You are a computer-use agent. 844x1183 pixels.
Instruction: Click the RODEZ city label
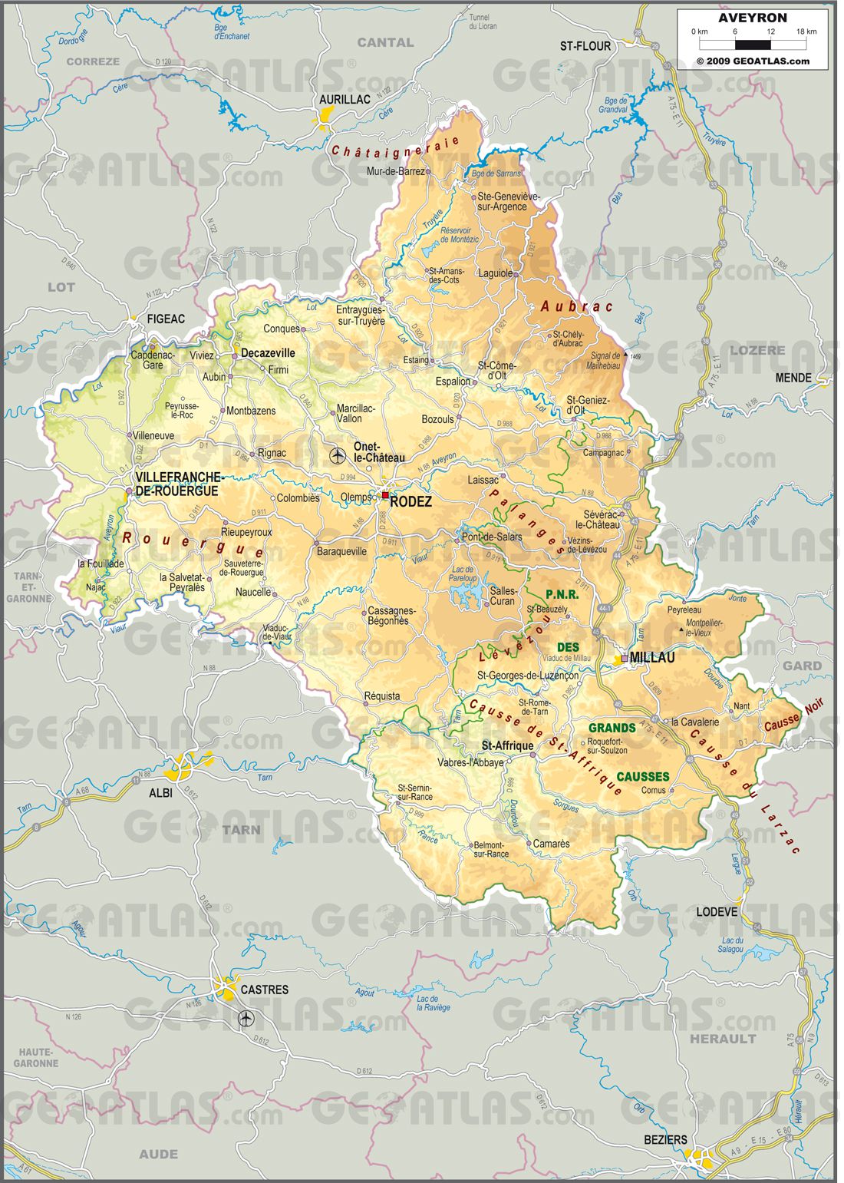pyautogui.click(x=411, y=502)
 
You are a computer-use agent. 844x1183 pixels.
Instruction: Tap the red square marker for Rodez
pyautogui.click(x=385, y=495)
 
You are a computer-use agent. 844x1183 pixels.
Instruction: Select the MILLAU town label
pyautogui.click(x=652, y=657)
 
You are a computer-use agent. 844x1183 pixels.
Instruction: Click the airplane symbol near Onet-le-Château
pyautogui.click(x=337, y=456)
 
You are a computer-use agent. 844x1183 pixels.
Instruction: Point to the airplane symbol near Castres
pyautogui.click(x=246, y=1018)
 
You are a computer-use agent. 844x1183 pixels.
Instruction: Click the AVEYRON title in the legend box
pyautogui.click(x=752, y=18)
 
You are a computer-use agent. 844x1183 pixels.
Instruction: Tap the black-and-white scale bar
pyautogui.click(x=753, y=45)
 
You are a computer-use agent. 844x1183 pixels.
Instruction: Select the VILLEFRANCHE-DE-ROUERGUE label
pyautogui.click(x=177, y=484)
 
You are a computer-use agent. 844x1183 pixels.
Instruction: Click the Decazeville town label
pyautogui.click(x=268, y=353)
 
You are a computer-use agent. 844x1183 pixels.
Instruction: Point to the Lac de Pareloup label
pyautogui.click(x=464, y=573)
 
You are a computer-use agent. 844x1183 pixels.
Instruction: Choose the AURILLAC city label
pyautogui.click(x=345, y=100)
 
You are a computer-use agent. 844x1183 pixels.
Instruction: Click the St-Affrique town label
pyautogui.click(x=507, y=745)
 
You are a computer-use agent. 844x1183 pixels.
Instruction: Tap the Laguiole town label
pyautogui.click(x=495, y=273)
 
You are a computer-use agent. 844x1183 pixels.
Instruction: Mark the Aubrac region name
pyautogui.click(x=576, y=306)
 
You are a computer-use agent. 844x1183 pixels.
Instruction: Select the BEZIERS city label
pyautogui.click(x=665, y=1140)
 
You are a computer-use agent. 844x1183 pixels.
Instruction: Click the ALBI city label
pyautogui.click(x=160, y=793)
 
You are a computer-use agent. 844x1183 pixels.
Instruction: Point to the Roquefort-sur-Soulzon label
pyautogui.click(x=607, y=746)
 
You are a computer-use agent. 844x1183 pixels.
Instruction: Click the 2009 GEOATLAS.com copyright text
pyautogui.click(x=753, y=61)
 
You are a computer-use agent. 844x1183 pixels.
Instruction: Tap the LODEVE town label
pyautogui.click(x=717, y=912)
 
